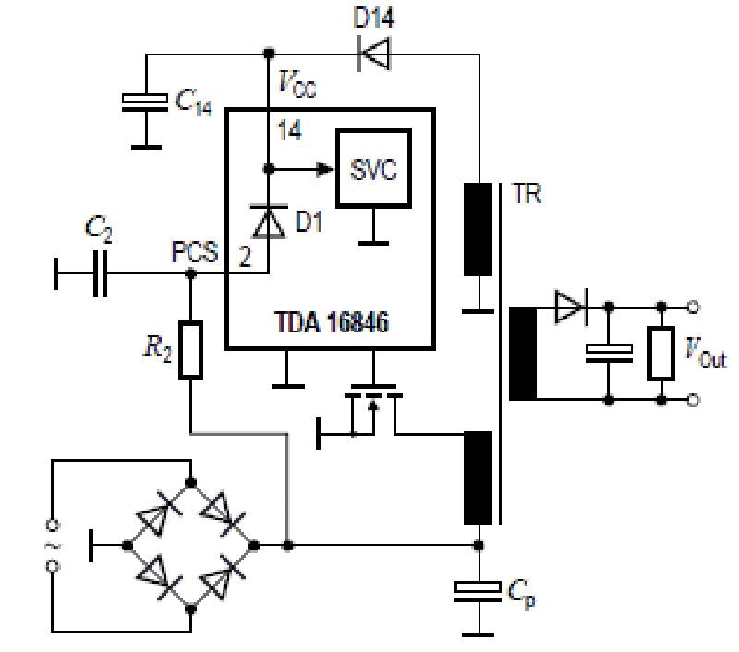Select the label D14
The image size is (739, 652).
374,17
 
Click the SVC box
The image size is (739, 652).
373,168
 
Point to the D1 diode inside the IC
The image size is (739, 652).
269,222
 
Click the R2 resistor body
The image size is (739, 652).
191,350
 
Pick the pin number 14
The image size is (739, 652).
289,130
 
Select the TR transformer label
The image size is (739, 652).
526,194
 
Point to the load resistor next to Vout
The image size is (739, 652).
660,353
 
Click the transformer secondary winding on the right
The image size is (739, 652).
523,353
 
